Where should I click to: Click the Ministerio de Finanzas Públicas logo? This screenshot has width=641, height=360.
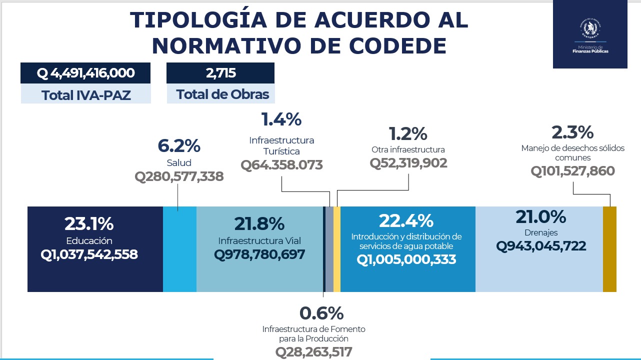click(x=590, y=33)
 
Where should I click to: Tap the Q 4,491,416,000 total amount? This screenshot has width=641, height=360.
click(x=85, y=73)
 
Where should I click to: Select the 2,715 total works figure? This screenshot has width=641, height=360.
click(x=220, y=73)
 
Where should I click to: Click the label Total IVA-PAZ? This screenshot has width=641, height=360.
click(x=86, y=94)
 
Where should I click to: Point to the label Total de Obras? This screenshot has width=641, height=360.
click(x=222, y=94)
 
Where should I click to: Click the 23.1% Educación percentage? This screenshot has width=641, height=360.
click(x=89, y=223)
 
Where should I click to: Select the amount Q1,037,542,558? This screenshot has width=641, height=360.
click(x=89, y=254)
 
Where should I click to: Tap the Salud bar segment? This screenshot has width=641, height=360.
click(x=179, y=249)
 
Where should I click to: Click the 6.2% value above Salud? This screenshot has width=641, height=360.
click(x=179, y=146)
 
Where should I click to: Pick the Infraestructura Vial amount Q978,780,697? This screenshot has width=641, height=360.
click(x=259, y=254)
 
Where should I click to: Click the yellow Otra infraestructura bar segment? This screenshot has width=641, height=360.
click(x=337, y=249)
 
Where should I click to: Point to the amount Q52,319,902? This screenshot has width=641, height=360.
click(x=408, y=163)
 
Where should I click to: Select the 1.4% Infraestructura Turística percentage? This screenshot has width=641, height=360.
click(x=281, y=119)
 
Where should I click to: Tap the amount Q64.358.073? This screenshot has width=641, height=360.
click(x=281, y=165)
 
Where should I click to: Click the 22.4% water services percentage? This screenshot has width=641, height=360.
click(x=406, y=220)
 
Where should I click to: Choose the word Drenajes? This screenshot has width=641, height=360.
click(x=541, y=232)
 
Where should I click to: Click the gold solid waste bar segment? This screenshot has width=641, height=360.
click(x=609, y=249)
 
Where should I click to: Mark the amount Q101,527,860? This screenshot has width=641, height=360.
click(x=573, y=171)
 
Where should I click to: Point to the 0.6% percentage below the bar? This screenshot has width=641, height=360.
click(x=321, y=313)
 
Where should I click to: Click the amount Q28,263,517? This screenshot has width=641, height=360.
click(x=314, y=351)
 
